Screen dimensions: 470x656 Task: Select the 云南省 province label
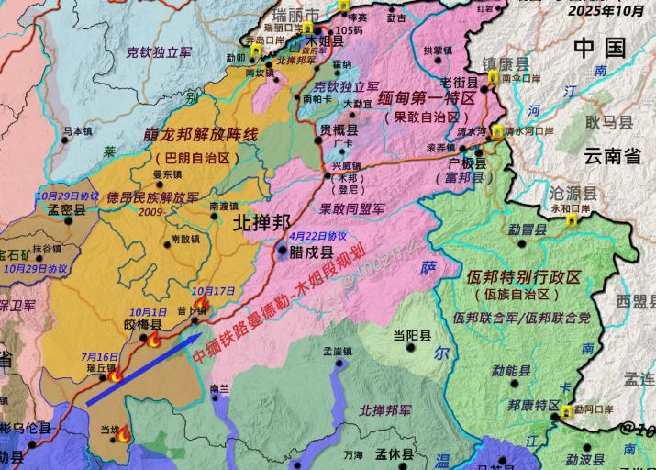609,156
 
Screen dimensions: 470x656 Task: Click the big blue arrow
142,369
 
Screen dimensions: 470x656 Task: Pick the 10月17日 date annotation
215,291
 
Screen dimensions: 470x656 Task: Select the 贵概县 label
339,131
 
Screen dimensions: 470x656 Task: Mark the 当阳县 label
412,336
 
